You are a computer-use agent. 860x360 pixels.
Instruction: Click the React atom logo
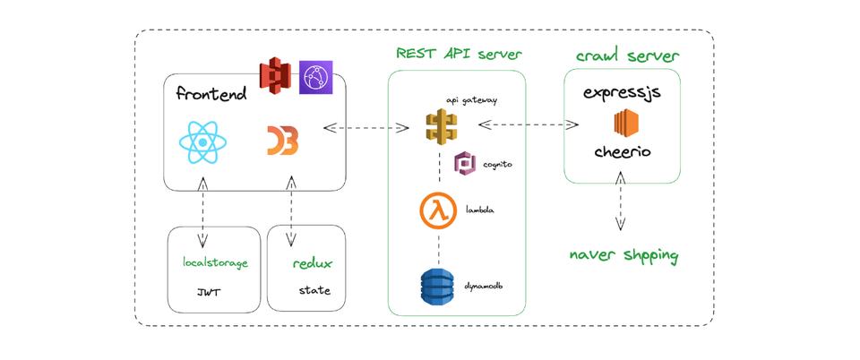202,142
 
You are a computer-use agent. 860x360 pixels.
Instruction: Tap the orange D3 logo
282,141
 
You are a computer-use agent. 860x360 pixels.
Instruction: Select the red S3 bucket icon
275,76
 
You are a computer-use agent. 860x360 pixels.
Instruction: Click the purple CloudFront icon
316,77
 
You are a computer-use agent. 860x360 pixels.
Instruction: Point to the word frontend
211,94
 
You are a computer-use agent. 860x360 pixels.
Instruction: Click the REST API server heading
459,54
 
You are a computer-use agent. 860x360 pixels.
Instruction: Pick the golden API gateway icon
441,126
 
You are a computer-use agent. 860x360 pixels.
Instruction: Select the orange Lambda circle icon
438,210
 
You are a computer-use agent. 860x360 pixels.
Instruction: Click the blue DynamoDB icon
438,287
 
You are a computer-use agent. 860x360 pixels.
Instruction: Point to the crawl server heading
627,56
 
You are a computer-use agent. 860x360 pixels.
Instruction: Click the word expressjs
623,93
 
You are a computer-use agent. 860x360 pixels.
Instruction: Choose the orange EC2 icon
625,123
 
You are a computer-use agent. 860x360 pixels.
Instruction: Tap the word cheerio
623,152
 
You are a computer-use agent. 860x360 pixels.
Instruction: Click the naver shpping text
623,255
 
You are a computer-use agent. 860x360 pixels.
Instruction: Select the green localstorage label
215,263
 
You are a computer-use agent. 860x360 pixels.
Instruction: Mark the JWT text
209,292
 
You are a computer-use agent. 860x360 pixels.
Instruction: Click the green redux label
313,263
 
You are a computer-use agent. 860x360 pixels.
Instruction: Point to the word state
314,290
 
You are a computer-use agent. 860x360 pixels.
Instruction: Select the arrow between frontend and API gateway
366,128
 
